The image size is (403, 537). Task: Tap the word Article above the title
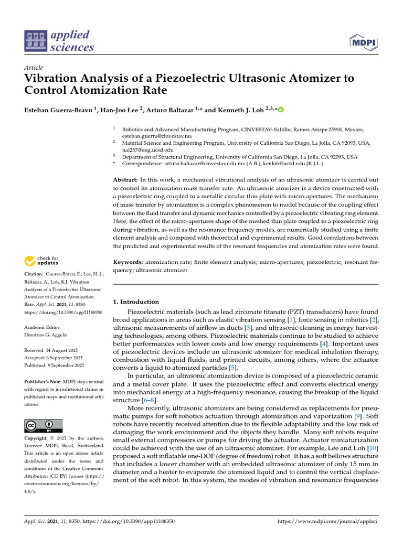[x=34, y=68]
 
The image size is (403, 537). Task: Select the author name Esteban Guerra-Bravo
[x=58, y=110]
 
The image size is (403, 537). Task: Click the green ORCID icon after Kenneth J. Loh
[x=281, y=110]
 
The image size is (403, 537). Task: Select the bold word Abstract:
[x=126, y=180]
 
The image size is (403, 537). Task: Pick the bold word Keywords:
[x=128, y=262]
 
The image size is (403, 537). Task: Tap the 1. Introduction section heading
[x=136, y=302]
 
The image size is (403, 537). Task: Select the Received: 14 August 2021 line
[x=54, y=350]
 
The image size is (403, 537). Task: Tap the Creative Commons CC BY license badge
[x=43, y=425]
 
